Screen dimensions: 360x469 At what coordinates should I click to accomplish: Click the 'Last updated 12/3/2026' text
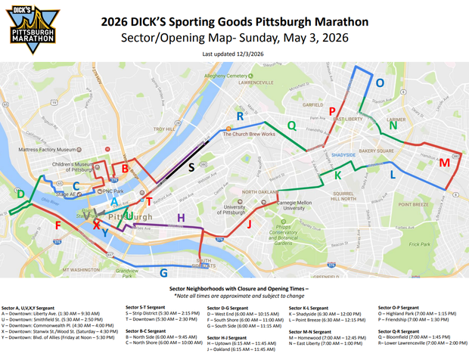click(x=233, y=54)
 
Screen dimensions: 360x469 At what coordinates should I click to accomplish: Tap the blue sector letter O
click(x=380, y=81)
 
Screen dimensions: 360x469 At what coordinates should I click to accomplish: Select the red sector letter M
click(x=444, y=162)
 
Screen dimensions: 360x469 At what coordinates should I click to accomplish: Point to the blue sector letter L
click(x=392, y=175)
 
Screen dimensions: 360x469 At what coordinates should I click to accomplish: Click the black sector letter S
click(x=191, y=166)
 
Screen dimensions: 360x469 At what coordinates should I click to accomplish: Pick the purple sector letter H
click(x=180, y=218)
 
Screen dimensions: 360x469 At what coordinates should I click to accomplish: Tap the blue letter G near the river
click(x=163, y=272)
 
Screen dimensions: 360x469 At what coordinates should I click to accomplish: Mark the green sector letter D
click(x=20, y=195)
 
